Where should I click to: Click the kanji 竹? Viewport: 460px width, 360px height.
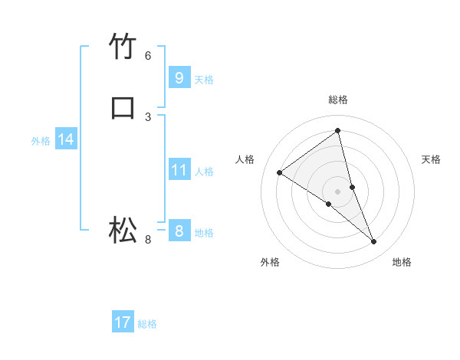click(123, 47)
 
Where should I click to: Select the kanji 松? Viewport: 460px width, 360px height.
click(123, 229)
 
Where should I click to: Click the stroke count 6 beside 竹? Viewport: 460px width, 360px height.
click(148, 55)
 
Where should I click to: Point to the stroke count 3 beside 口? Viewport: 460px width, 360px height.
click(148, 116)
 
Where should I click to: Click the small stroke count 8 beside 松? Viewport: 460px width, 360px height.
click(148, 240)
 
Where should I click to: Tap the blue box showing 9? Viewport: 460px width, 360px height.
click(179, 77)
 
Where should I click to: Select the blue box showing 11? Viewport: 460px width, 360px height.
click(179, 170)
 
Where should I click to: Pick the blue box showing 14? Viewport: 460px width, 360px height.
click(66, 139)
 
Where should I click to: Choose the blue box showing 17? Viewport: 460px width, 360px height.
click(123, 322)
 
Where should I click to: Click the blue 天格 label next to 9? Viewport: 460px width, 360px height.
click(204, 80)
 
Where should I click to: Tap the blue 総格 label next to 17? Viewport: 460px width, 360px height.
click(147, 324)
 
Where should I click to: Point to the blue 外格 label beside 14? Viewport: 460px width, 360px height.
click(41, 141)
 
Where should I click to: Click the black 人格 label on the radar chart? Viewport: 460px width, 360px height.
click(245, 159)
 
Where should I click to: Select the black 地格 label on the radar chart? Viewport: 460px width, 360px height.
click(402, 262)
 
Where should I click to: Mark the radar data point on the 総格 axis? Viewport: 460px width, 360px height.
click(337, 130)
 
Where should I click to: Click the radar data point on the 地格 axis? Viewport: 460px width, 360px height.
click(374, 242)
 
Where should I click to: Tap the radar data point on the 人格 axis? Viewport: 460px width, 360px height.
click(279, 172)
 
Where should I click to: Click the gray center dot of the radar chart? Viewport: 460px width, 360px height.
click(337, 191)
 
